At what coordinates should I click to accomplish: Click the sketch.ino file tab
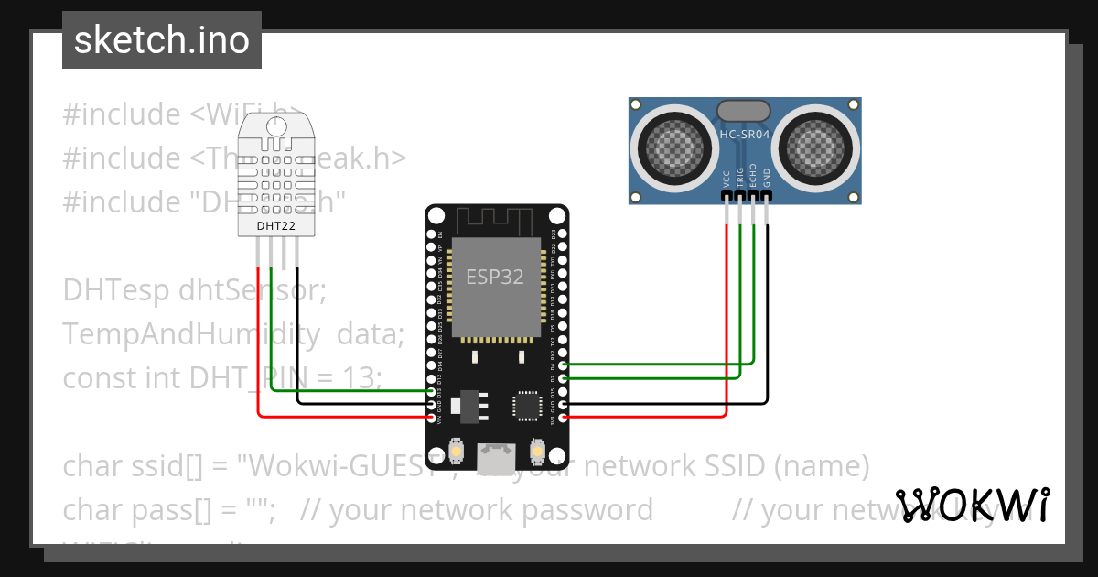161,40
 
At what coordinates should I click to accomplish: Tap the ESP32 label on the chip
495,277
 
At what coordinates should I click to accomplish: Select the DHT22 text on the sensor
275,225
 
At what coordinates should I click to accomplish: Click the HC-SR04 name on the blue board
745,135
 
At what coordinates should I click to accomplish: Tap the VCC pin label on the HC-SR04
727,178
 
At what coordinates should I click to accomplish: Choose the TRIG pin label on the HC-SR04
740,177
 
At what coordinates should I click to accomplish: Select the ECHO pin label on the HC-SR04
753,177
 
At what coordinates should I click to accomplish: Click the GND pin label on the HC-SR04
767,178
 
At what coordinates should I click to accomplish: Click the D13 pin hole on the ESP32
431,392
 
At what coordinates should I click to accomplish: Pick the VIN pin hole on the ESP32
431,419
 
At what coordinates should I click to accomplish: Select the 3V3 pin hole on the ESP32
562,419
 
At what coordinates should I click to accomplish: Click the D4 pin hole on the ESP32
562,365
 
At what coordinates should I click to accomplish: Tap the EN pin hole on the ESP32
431,234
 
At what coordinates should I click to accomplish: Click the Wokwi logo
972,506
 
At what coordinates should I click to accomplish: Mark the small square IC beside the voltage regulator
527,405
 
